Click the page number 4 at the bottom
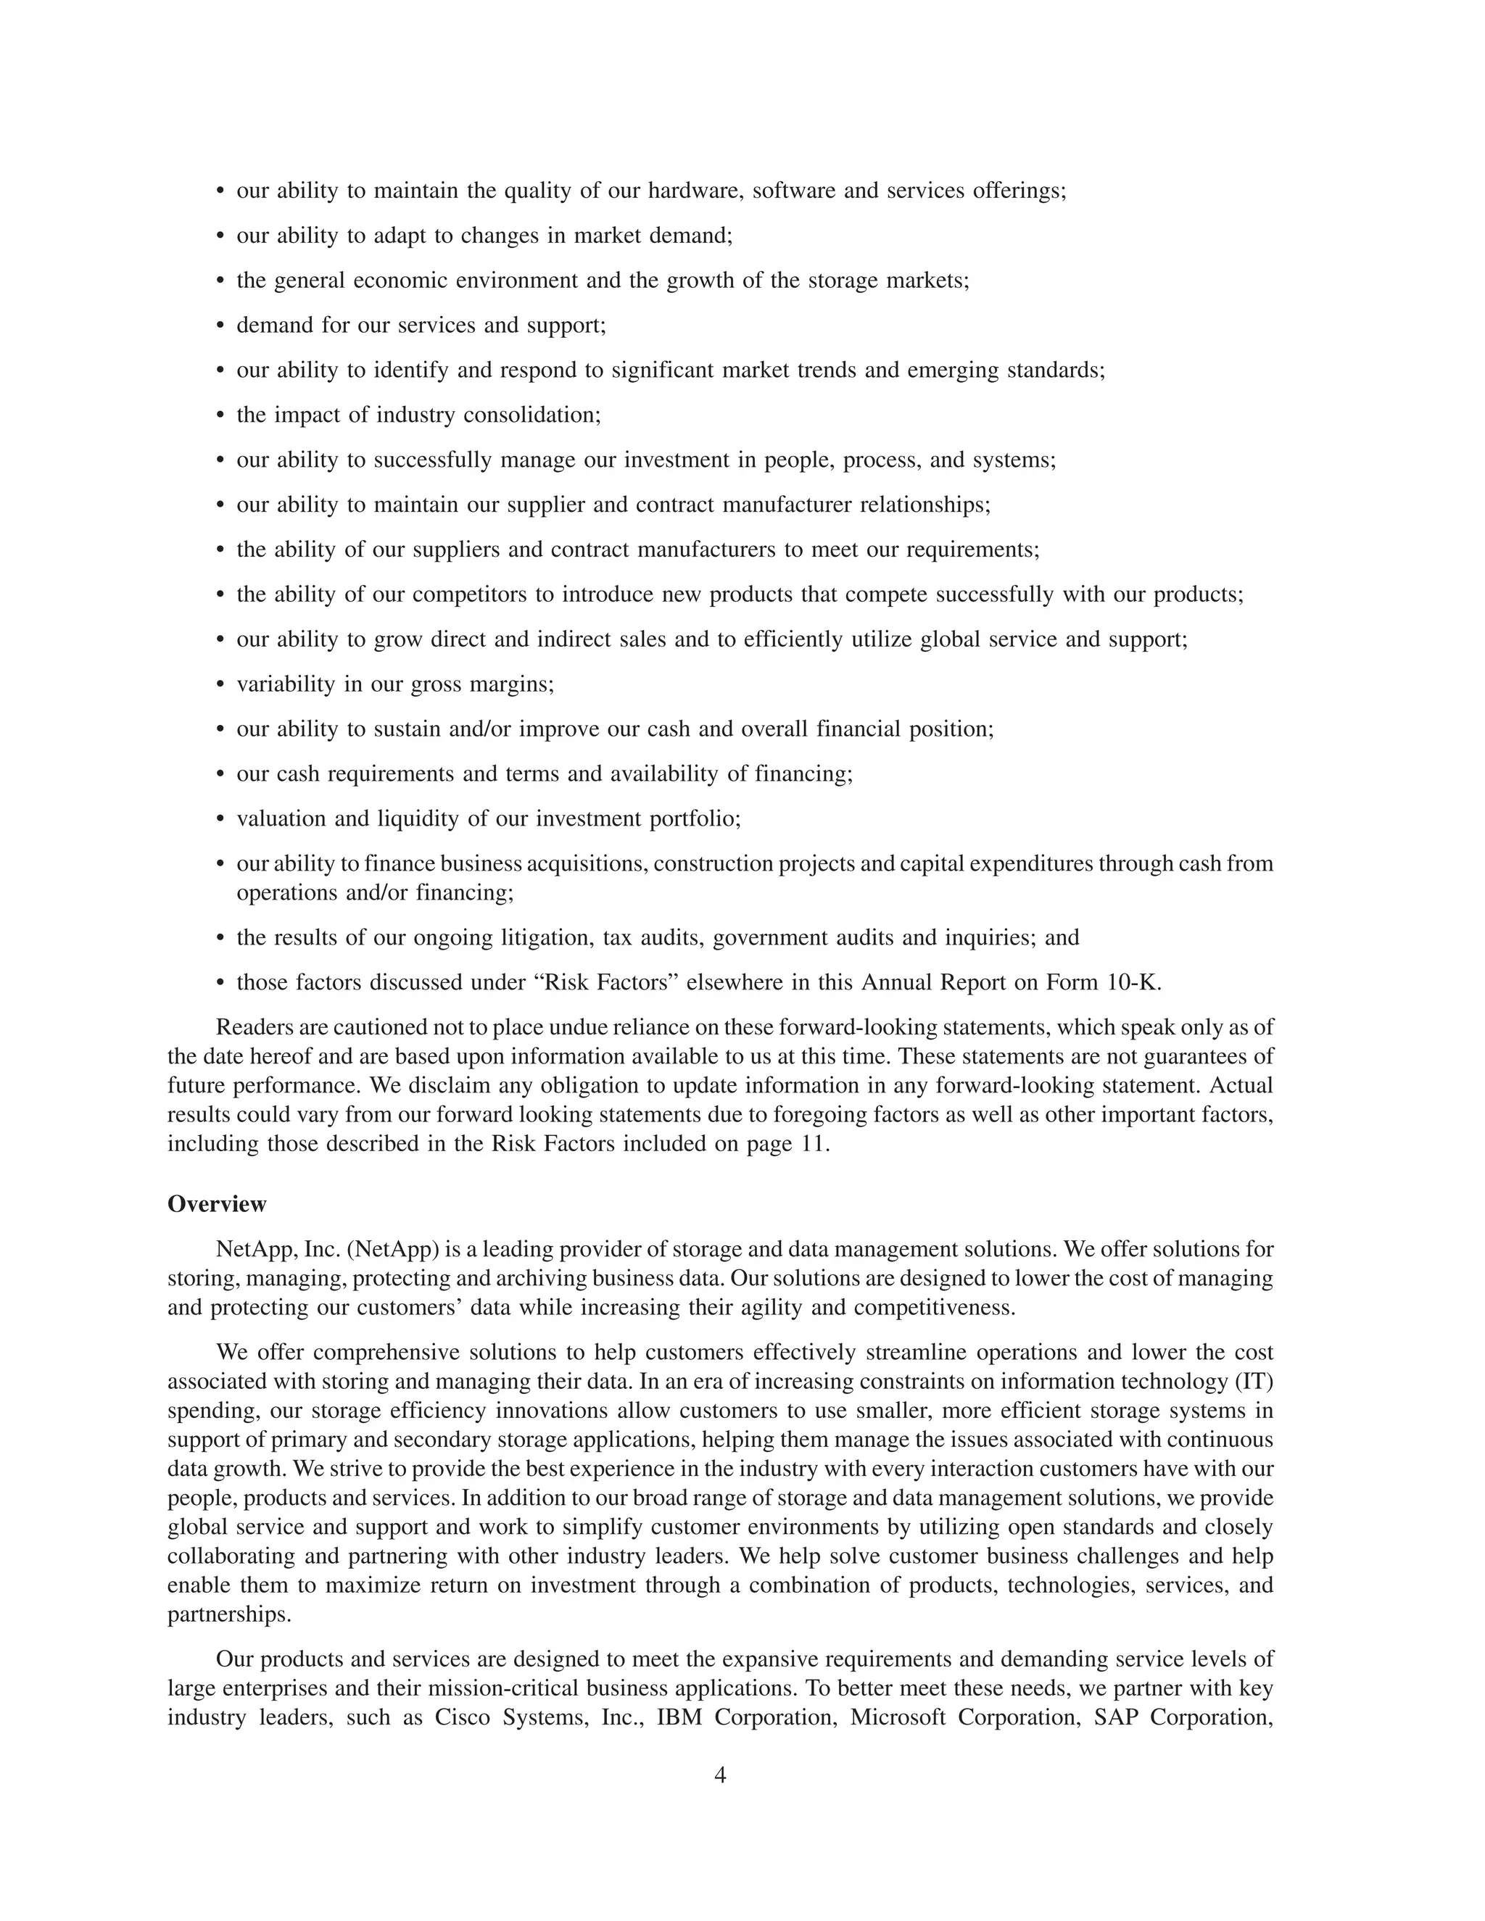(719, 1775)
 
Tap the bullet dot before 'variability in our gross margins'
(221, 685)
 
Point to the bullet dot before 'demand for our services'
(221, 326)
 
